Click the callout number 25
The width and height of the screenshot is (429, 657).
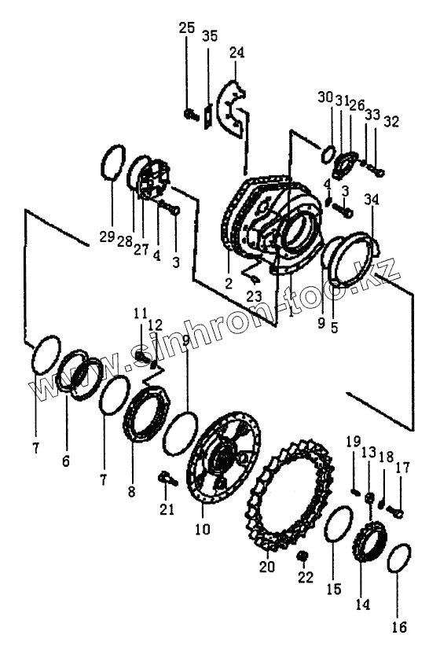[187, 28]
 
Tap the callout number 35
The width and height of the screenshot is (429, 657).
[210, 36]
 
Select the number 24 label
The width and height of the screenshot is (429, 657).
[236, 53]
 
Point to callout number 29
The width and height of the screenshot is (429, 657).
[107, 237]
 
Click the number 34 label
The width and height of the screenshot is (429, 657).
[371, 200]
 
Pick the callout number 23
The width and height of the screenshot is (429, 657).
[254, 296]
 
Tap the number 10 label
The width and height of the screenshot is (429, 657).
[203, 530]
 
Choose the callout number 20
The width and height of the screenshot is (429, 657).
[267, 567]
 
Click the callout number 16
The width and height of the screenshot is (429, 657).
[399, 627]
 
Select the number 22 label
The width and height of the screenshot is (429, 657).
[305, 578]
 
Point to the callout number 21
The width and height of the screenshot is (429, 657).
[167, 509]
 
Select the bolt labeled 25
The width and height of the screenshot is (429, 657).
[191, 113]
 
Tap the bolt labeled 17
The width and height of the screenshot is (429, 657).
[395, 511]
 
